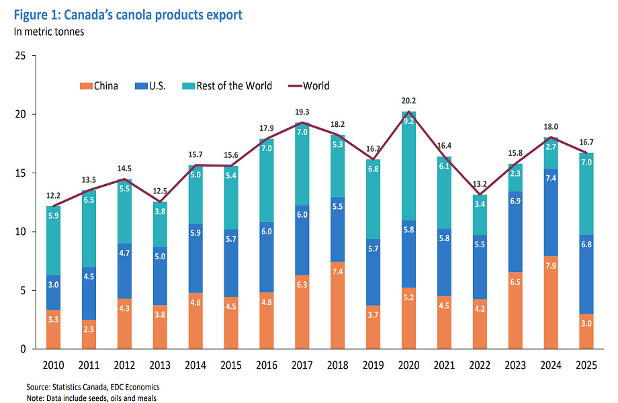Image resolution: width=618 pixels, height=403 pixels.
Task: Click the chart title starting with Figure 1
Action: (127, 15)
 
